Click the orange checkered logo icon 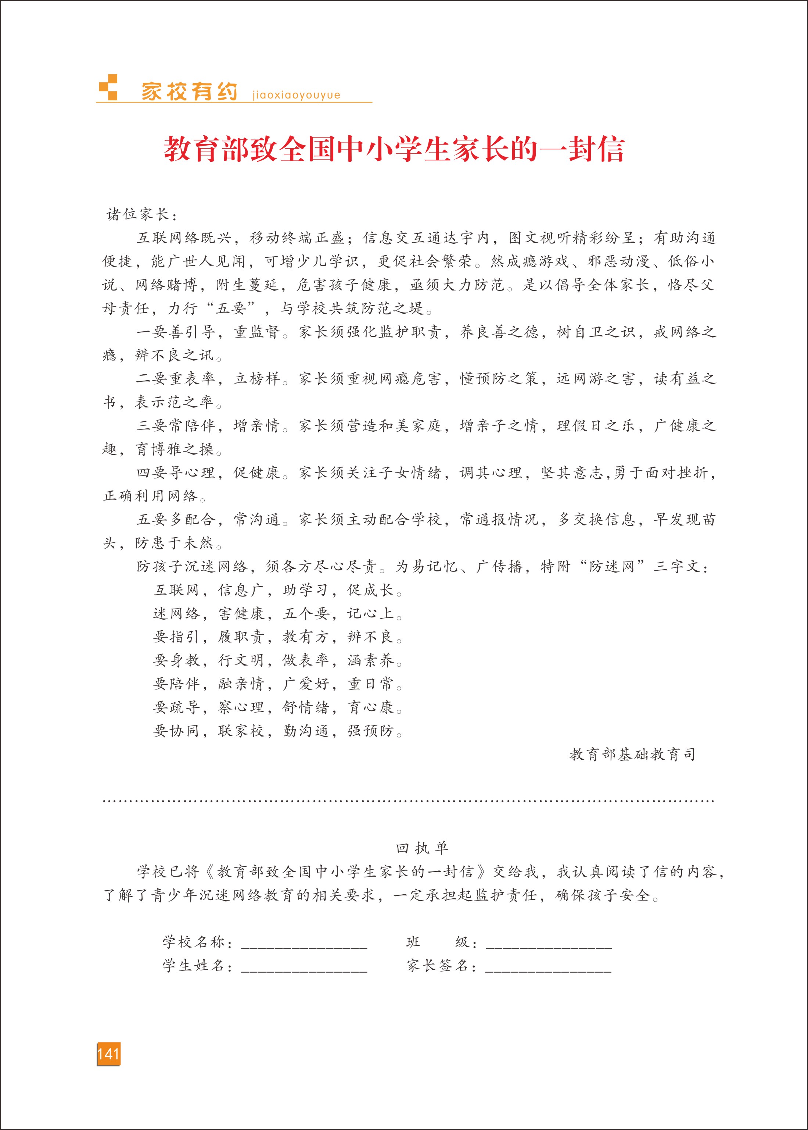pyautogui.click(x=108, y=88)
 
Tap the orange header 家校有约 pyautogui.click(x=189, y=92)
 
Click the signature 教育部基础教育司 pyautogui.click(x=632, y=755)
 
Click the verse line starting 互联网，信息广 pyautogui.click(x=278, y=591)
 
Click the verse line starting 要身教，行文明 pyautogui.click(x=278, y=660)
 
